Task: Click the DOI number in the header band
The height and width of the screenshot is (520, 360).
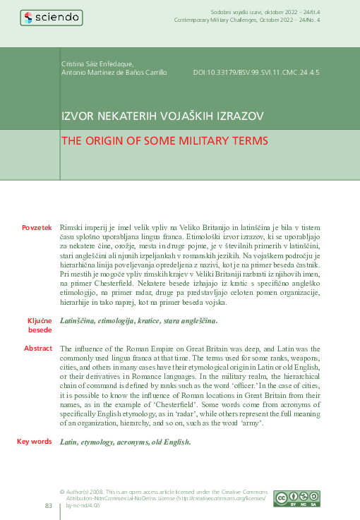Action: click(256, 72)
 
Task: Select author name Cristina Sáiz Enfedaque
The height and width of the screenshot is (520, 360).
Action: click(102, 64)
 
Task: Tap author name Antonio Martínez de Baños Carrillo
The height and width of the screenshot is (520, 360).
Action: click(114, 72)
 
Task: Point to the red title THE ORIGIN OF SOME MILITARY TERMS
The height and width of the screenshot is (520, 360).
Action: click(164, 140)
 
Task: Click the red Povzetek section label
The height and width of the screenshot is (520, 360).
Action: click(37, 228)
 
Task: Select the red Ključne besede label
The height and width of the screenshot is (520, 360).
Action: click(40, 325)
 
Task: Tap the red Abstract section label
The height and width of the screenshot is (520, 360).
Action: click(38, 349)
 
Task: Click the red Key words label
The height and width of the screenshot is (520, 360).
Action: click(35, 441)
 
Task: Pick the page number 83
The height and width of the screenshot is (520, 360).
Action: click(49, 505)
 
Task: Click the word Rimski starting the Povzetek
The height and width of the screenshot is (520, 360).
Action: click(72, 229)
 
